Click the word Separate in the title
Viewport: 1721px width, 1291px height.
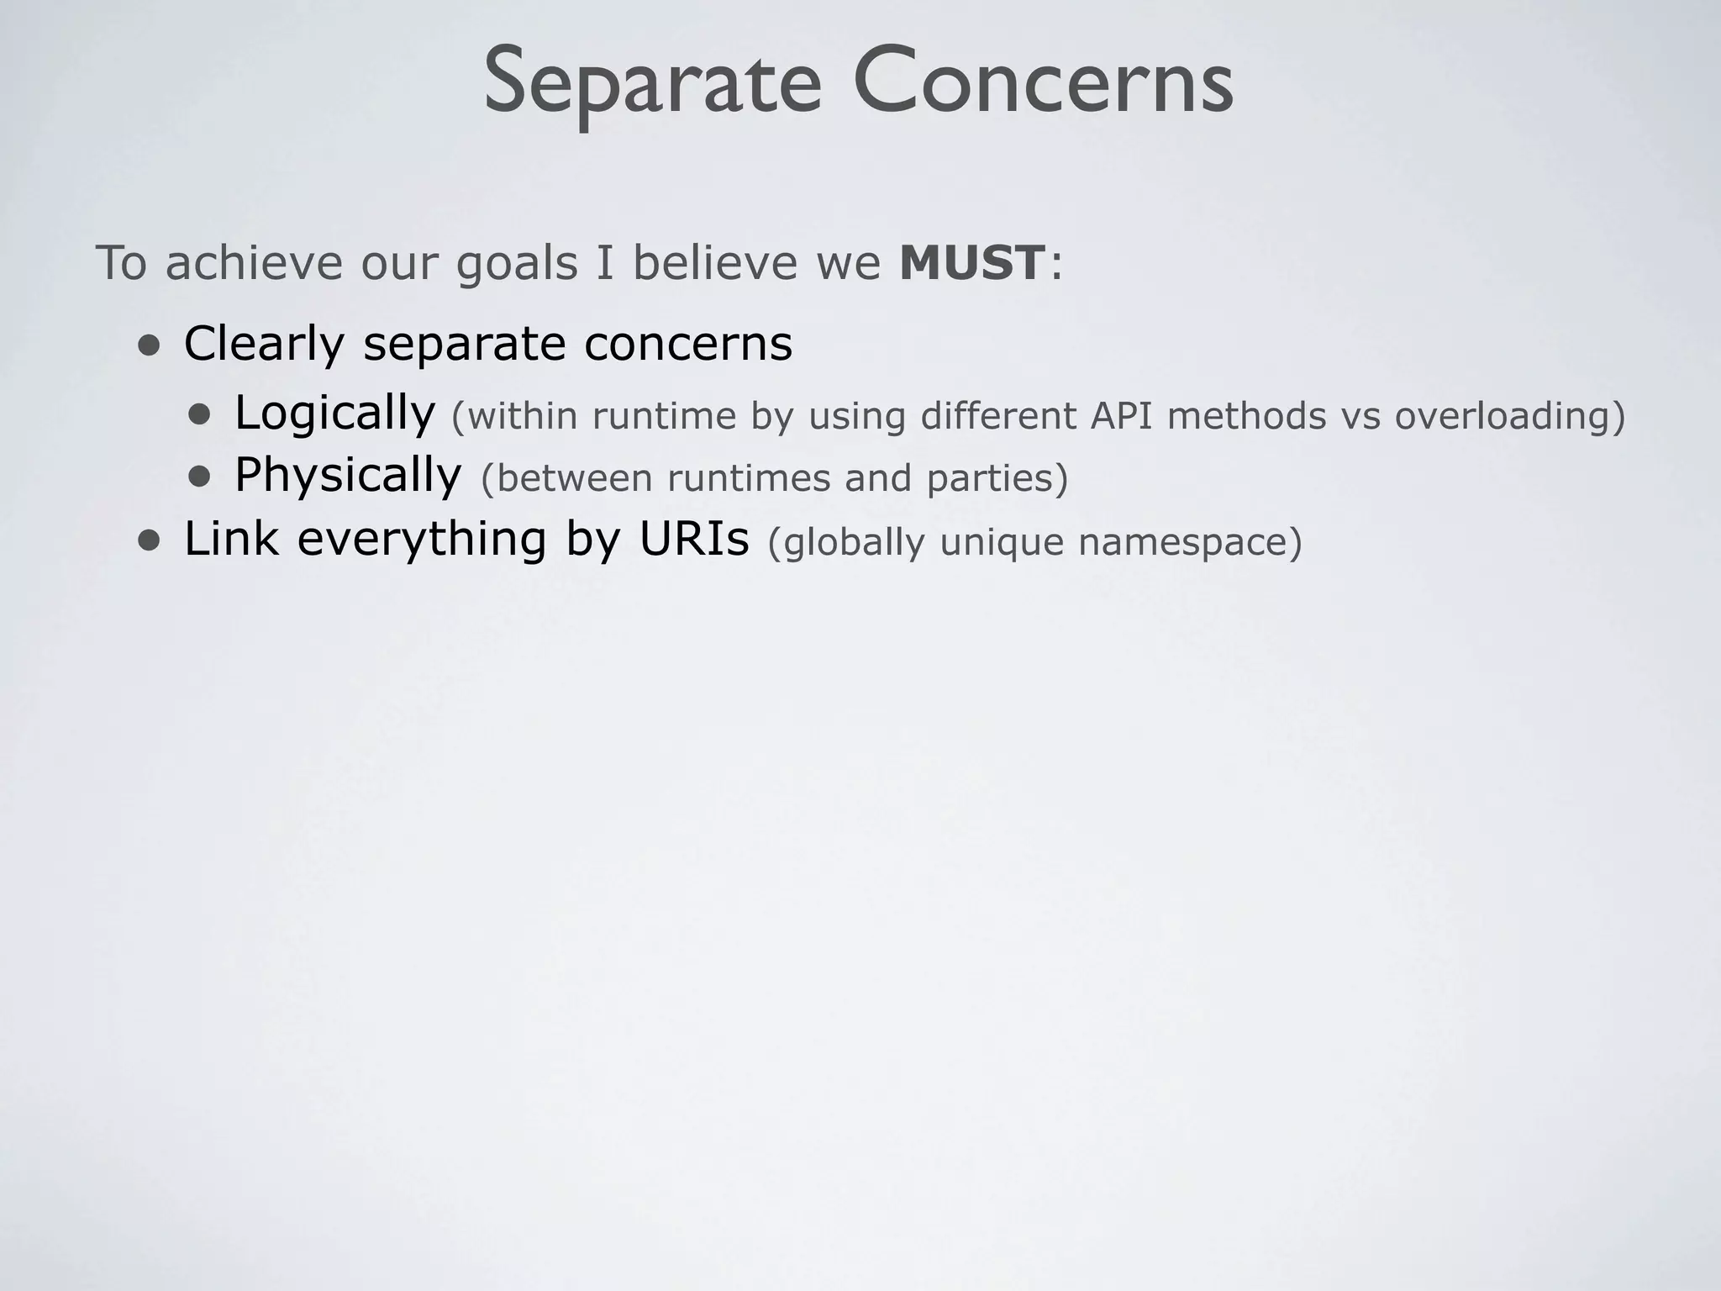pyautogui.click(x=652, y=84)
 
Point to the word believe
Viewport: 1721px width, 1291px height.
pyautogui.click(x=714, y=263)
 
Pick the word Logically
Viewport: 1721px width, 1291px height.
pyautogui.click(x=334, y=414)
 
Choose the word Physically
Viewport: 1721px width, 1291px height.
pyautogui.click(x=348, y=476)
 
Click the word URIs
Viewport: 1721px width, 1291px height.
pyautogui.click(x=693, y=539)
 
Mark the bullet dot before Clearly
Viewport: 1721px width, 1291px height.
pyautogui.click(x=150, y=346)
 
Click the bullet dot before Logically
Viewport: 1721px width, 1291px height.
pyautogui.click(x=200, y=414)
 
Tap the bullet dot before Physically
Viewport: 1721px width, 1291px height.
pyautogui.click(x=200, y=477)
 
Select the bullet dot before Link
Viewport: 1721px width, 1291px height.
pyautogui.click(x=150, y=541)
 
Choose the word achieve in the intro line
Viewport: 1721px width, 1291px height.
pyautogui.click(x=254, y=263)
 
